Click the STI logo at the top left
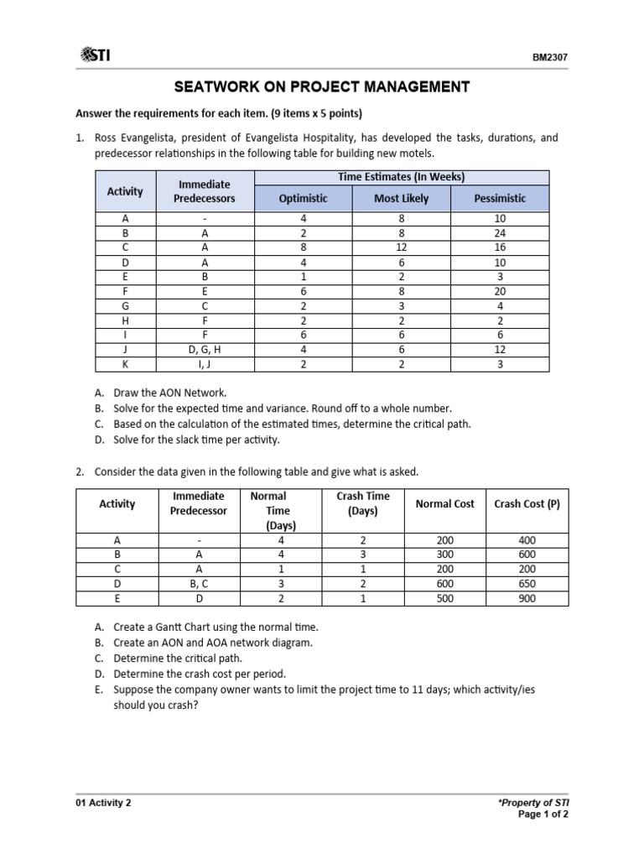[x=95, y=55]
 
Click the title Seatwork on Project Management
[x=321, y=86]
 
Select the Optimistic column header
[x=303, y=198]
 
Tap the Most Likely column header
[x=401, y=198]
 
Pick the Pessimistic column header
[x=500, y=198]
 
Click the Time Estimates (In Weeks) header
[x=401, y=177]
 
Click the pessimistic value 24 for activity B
[x=500, y=233]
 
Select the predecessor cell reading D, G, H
[x=205, y=348]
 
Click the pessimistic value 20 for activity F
[x=500, y=290]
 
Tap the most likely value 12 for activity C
[x=401, y=247]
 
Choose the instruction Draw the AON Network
[x=164, y=393]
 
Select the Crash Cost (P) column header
[x=527, y=504]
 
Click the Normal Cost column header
[x=444, y=504]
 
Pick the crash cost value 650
[x=527, y=584]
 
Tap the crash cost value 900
[x=527, y=598]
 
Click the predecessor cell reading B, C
[x=198, y=584]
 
